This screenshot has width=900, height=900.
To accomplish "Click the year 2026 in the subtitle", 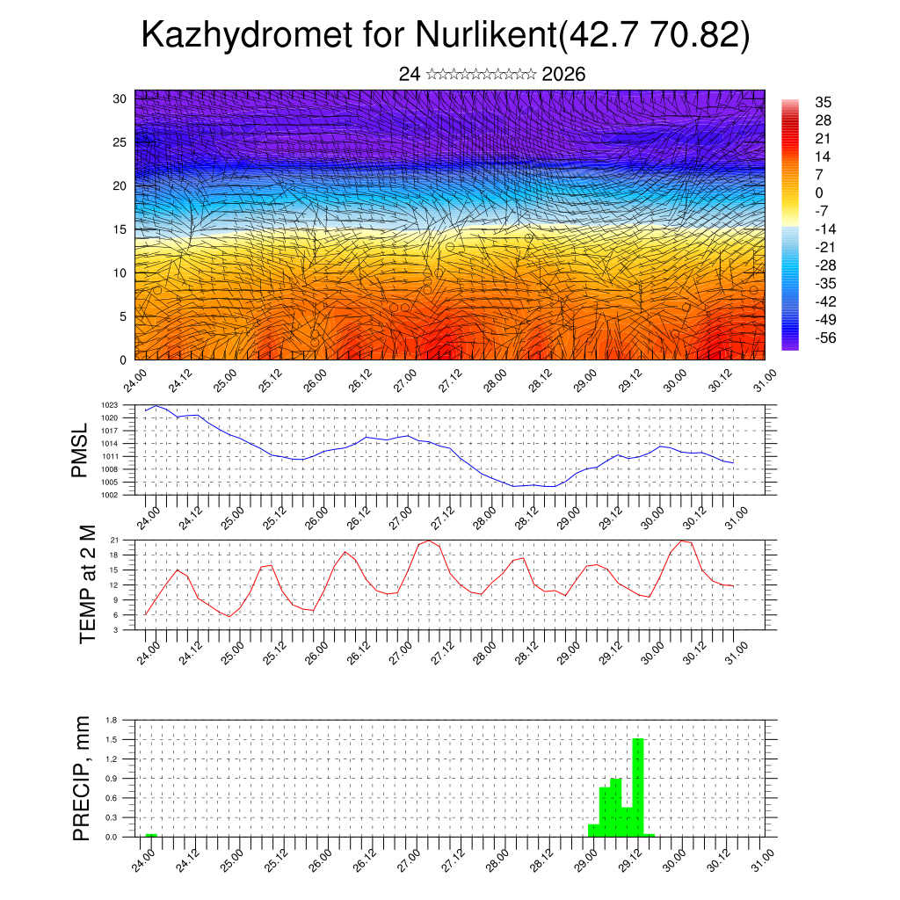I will (x=564, y=74).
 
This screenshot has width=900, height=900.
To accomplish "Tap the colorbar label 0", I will (x=819, y=192).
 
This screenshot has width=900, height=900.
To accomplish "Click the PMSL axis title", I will (x=81, y=450).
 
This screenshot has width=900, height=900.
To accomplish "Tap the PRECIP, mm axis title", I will (x=82, y=779).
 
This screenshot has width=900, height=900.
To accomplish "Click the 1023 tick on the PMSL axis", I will (x=109, y=405).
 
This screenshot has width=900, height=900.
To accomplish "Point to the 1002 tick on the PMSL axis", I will (x=109, y=495).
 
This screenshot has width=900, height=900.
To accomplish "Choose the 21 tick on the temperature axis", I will (x=114, y=540).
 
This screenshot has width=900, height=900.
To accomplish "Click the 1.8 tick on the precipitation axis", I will (x=112, y=720).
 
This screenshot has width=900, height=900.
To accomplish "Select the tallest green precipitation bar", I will (x=638, y=787).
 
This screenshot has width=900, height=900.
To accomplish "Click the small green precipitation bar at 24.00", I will (x=151, y=835).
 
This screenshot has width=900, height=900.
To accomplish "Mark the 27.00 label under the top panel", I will (x=403, y=381).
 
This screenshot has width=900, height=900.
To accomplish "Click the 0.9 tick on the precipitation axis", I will (x=112, y=779).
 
